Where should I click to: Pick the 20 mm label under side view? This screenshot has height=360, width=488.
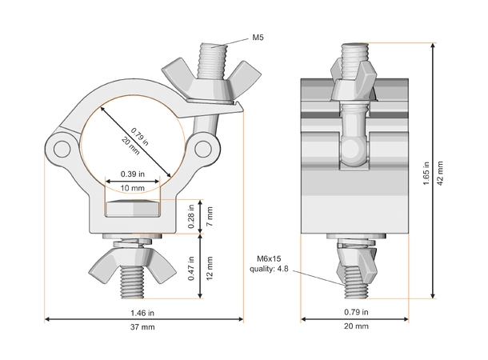(357, 327)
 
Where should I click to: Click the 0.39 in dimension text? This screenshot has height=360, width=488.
(132, 174)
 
